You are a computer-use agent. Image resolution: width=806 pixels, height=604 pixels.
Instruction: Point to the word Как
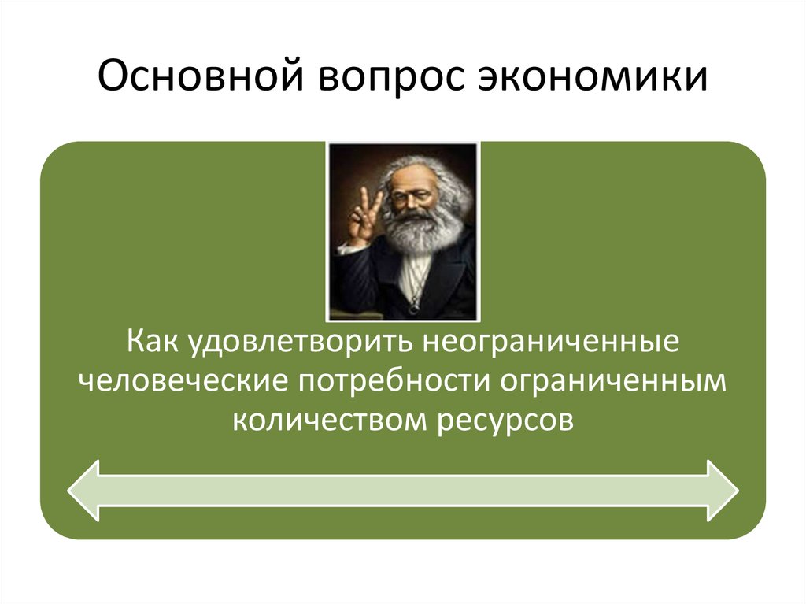pos(154,344)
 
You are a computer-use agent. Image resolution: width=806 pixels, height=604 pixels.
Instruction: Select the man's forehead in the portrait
pos(414,175)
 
